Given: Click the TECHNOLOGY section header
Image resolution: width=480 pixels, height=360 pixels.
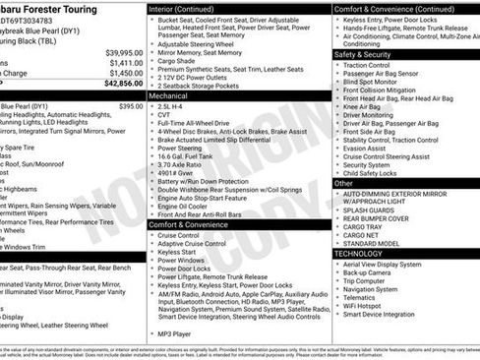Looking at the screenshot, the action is click(359, 253).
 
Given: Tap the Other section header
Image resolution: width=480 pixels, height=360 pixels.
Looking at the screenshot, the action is click(343, 183).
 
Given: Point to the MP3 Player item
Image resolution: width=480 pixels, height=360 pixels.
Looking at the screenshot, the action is click(178, 333).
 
